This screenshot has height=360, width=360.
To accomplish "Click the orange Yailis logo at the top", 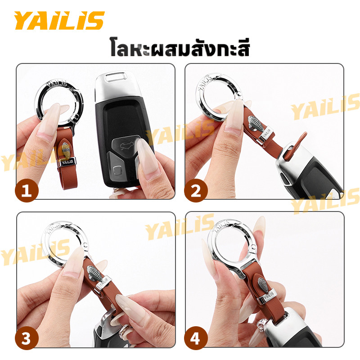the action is [59, 20].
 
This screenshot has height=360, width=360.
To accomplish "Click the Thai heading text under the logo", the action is [180, 48].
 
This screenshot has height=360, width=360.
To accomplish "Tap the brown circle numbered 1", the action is [27, 190].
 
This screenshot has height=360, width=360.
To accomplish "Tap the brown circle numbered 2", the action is [196, 190].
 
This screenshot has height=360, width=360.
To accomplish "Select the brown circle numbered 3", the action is [27, 338].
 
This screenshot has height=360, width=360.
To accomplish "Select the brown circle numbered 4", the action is [196, 338].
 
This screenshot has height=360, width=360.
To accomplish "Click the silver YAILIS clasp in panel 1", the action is [67, 162].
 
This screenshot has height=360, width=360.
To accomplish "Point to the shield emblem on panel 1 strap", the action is [66, 150].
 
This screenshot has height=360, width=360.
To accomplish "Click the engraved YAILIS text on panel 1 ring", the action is [56, 83].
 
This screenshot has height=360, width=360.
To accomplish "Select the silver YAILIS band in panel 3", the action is [103, 284].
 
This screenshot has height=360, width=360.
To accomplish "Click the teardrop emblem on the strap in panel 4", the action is [262, 285].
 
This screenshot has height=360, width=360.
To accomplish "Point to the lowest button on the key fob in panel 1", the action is [118, 171].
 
